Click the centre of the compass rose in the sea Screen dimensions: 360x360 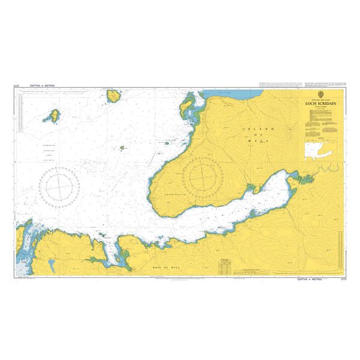click(59, 184)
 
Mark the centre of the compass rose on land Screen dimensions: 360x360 click(205, 175)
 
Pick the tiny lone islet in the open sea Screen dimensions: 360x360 click(122, 148)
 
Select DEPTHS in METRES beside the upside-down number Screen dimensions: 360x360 click(41, 86)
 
